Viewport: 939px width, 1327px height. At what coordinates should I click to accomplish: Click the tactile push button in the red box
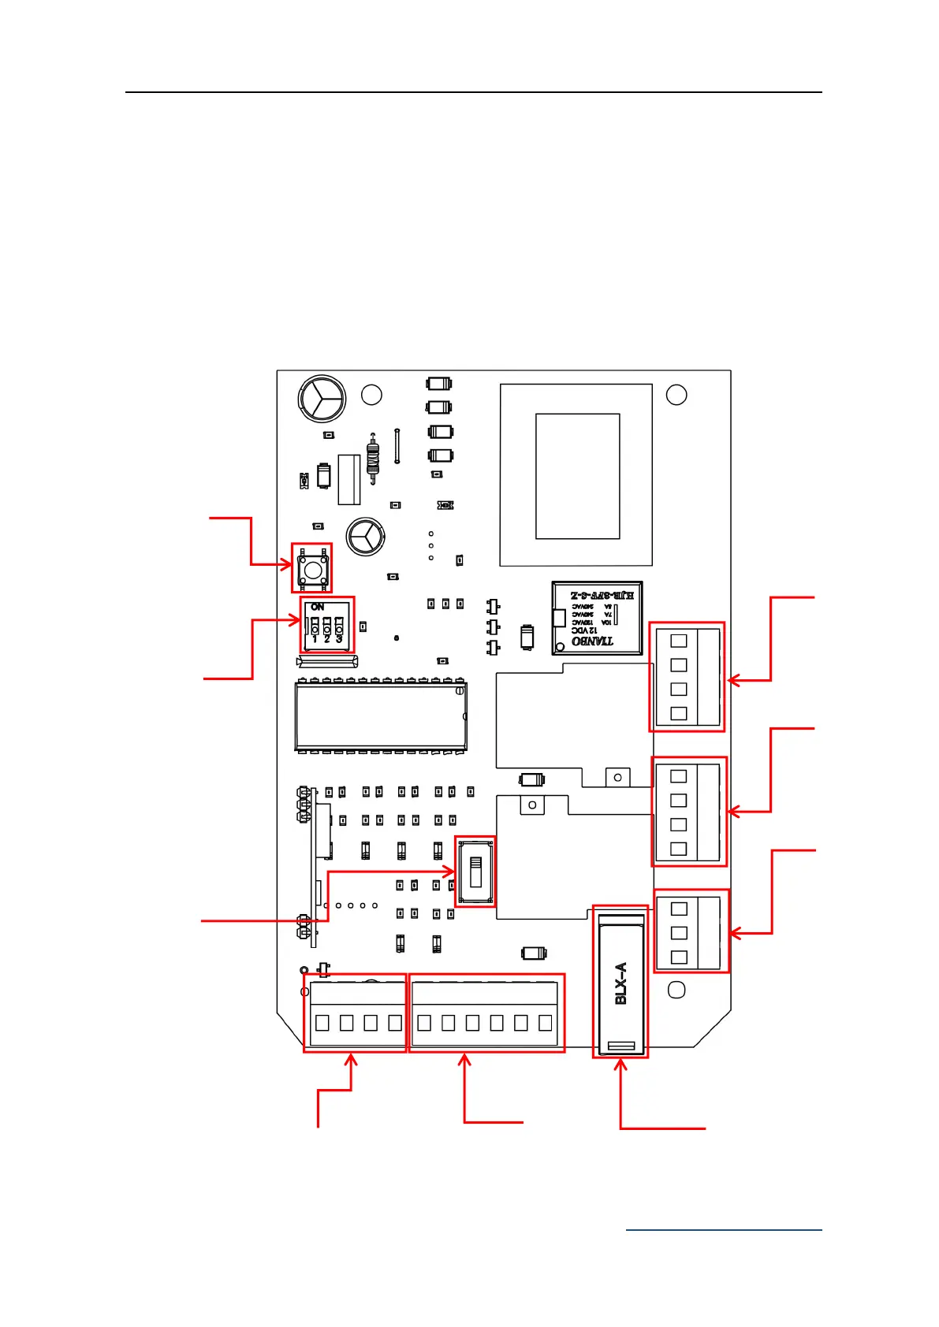point(313,568)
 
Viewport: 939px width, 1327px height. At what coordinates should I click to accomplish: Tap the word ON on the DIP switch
point(318,607)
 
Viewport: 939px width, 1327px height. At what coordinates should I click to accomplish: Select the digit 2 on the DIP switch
point(326,639)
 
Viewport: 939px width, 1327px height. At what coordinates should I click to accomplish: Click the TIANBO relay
point(597,618)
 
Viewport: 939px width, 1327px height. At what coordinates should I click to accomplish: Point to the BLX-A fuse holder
point(621,983)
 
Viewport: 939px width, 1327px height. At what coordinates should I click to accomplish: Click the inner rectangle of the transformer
point(577,476)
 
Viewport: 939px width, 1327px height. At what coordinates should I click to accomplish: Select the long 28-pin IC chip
point(381,716)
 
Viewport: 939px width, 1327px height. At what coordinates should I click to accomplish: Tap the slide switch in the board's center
point(475,872)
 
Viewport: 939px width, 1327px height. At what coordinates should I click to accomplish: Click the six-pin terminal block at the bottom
point(485,1013)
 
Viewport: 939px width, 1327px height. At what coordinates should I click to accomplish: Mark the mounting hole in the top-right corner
point(676,395)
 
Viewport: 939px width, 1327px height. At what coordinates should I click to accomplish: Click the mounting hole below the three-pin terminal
point(676,990)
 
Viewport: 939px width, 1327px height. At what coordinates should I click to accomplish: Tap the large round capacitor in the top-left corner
point(322,399)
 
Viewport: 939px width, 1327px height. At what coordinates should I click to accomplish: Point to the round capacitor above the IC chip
point(366,537)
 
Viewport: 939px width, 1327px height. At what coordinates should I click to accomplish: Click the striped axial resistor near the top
point(373,457)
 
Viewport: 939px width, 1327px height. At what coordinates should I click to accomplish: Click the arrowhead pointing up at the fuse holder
point(621,1066)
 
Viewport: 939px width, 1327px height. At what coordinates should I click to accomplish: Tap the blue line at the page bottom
point(724,1229)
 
